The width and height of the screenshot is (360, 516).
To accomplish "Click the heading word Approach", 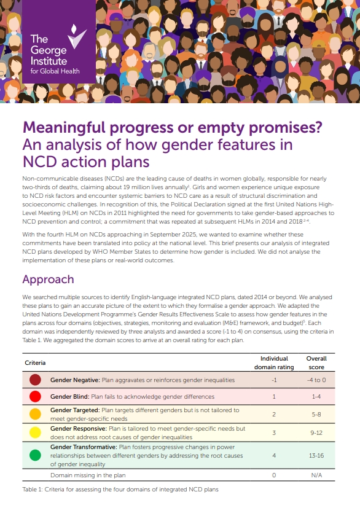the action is [49, 279].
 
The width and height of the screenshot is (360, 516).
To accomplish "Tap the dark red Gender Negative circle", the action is [35, 380].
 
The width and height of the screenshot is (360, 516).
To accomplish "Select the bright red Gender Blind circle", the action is [35, 396].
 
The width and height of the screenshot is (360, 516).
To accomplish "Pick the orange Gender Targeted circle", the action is [35, 413].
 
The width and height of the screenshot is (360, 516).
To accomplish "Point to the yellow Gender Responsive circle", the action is [35, 432].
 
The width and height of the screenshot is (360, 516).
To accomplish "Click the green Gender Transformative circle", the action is [35, 455].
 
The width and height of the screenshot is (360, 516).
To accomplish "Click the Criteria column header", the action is [35, 363].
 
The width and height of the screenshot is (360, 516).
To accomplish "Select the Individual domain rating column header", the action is [274, 362].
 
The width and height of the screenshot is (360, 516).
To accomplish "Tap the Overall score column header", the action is [316, 362].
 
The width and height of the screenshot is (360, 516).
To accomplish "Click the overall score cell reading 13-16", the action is [316, 455].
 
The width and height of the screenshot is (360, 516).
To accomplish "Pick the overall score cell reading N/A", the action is [316, 475].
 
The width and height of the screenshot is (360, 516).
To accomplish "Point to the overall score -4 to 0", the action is [316, 380].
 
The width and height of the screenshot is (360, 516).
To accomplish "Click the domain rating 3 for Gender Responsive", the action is [274, 432].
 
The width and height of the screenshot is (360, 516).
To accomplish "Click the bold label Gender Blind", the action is [69, 396].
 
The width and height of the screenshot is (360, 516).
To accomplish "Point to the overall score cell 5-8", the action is [316, 414].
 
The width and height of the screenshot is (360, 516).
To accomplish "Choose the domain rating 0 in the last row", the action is [274, 475].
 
